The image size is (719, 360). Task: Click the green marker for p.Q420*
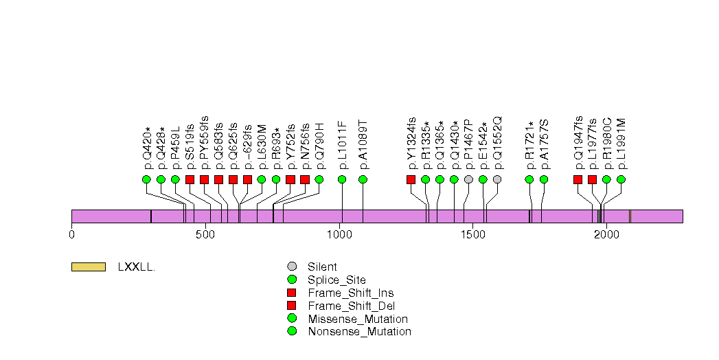(x=146, y=179)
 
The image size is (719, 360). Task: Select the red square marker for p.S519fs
(x=190, y=179)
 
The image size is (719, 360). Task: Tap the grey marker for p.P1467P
(x=468, y=179)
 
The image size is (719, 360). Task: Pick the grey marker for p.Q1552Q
(x=497, y=179)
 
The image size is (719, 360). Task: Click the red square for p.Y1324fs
(x=411, y=179)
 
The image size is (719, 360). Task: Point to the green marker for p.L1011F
(x=342, y=179)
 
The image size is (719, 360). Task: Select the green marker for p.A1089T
(x=363, y=179)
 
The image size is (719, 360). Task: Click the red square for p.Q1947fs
(x=578, y=179)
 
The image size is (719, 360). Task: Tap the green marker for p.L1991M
(x=621, y=179)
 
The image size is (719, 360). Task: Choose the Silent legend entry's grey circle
(x=292, y=267)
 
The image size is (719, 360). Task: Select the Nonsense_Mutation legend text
(x=360, y=331)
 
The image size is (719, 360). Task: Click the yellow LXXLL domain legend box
(x=89, y=267)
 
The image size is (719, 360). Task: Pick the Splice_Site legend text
(x=336, y=280)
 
